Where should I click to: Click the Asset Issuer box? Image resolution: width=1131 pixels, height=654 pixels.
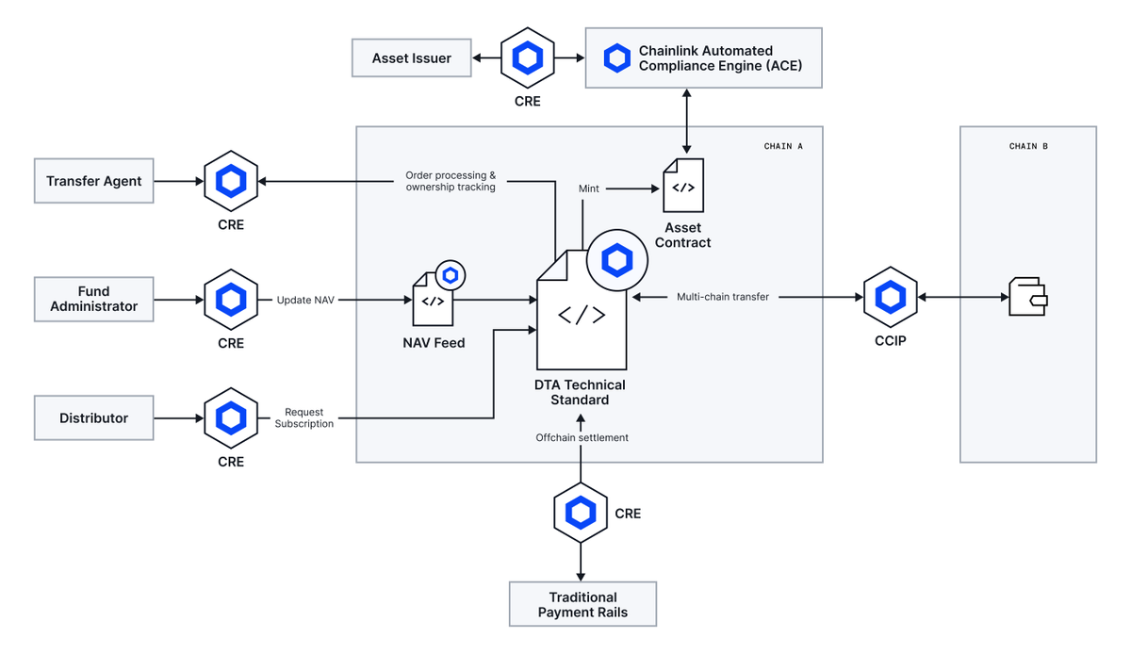tap(411, 58)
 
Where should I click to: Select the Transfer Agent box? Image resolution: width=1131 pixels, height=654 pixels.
tap(94, 181)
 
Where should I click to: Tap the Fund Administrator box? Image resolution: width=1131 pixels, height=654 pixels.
tap(94, 300)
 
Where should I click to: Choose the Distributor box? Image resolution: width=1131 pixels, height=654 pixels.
tap(94, 417)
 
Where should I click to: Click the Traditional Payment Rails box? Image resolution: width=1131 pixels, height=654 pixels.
tap(582, 604)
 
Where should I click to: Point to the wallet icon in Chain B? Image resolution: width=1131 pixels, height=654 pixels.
tap(1027, 296)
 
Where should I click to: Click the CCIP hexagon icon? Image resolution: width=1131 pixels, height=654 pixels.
tap(890, 297)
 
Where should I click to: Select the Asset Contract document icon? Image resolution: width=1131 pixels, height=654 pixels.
tap(682, 187)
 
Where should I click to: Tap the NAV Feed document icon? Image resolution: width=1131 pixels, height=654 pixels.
tap(433, 300)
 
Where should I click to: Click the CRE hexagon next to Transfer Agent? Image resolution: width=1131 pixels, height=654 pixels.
tap(231, 181)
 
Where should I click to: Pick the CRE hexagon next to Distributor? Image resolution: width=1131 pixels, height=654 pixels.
tap(231, 417)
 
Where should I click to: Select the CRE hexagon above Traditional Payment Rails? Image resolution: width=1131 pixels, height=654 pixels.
tap(581, 514)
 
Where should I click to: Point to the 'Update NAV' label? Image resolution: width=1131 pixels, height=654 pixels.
tap(305, 300)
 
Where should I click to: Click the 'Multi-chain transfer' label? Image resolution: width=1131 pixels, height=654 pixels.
tap(722, 297)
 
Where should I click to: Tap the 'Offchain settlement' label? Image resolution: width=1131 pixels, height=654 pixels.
tap(582, 437)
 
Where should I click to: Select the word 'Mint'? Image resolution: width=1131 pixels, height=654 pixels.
tap(589, 188)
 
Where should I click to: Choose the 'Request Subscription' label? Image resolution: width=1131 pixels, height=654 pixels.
tap(304, 417)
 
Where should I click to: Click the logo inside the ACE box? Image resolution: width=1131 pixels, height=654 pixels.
tap(616, 58)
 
